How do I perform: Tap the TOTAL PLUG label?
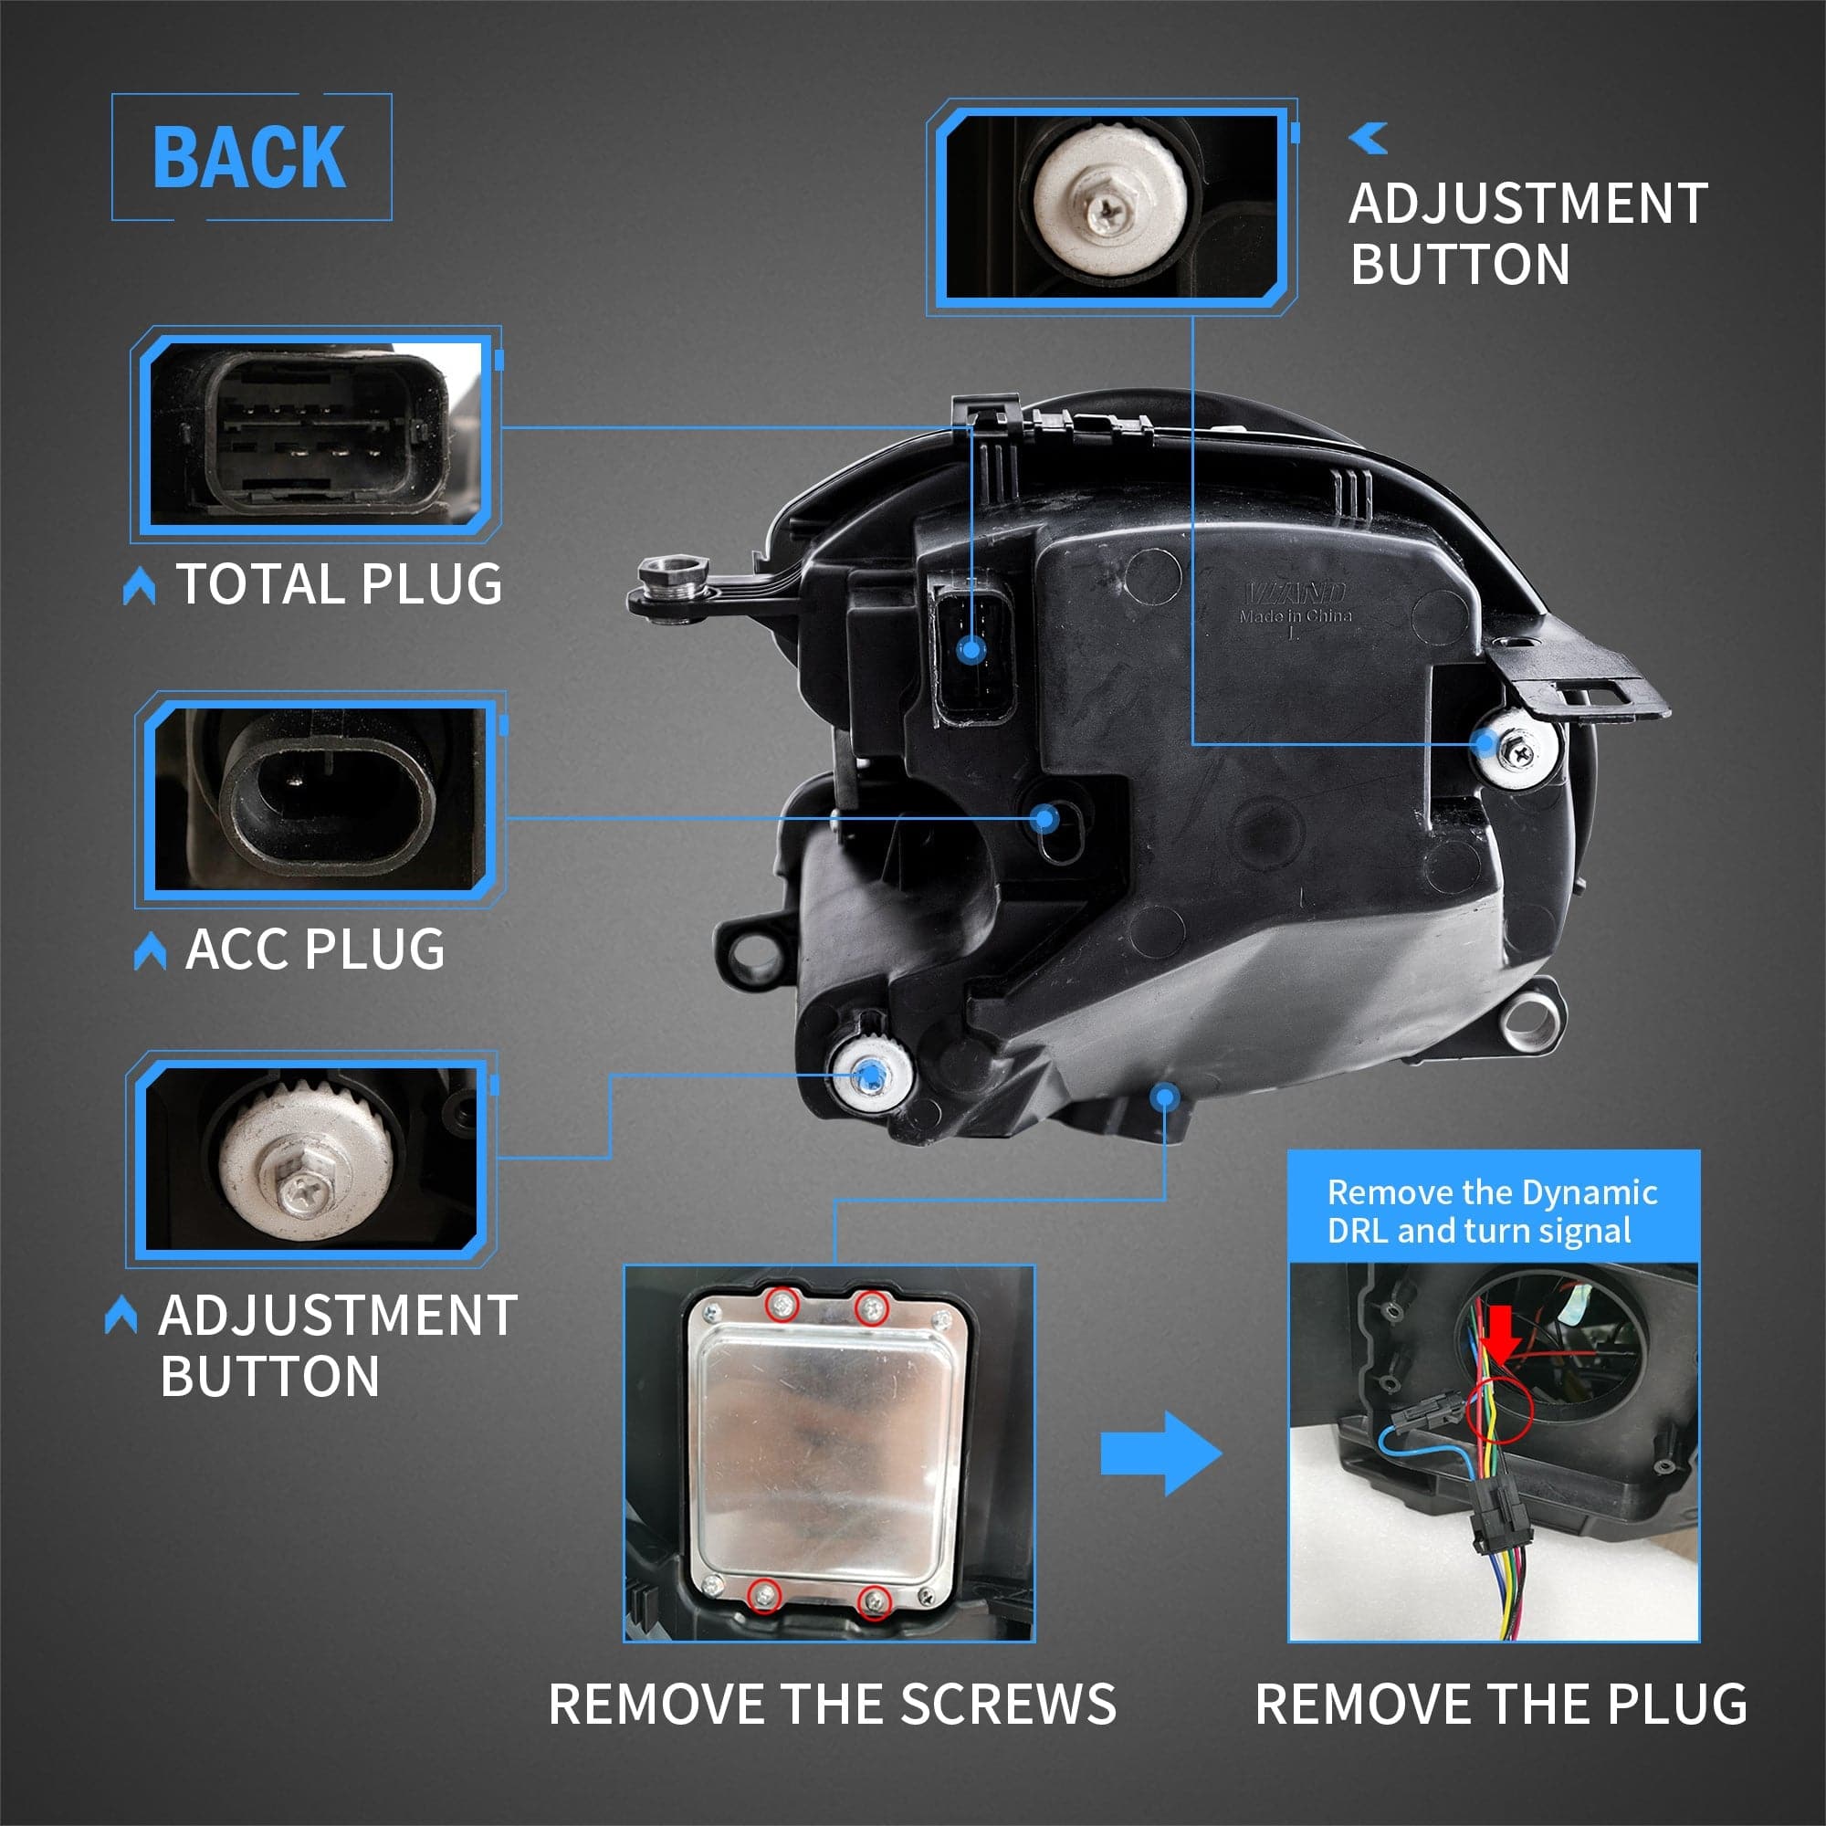click(x=339, y=583)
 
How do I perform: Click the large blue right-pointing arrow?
click(x=1160, y=1453)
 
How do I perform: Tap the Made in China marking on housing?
click(x=1295, y=616)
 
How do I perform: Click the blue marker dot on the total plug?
click(x=971, y=649)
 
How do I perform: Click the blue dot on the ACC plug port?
click(x=1044, y=818)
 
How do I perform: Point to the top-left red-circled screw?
click(x=782, y=1307)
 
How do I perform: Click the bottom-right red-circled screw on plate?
click(x=875, y=1601)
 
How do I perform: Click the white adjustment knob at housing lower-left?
click(x=871, y=1075)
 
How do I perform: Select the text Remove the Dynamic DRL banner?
click(x=1493, y=1211)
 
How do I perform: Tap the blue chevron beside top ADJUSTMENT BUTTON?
click(x=1369, y=138)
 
